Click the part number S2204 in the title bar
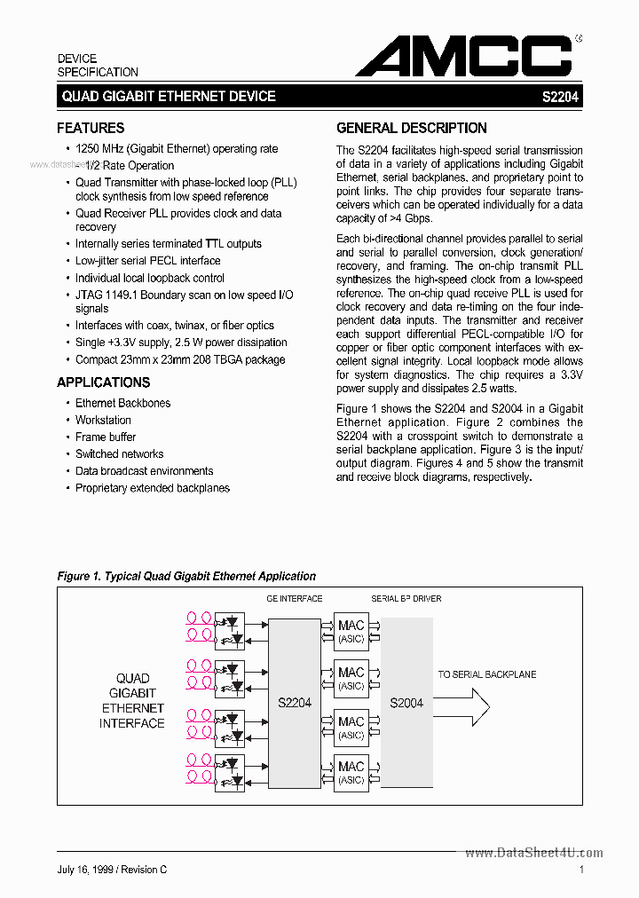tap(560, 97)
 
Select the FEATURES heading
tap(91, 128)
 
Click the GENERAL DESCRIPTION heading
tap(412, 128)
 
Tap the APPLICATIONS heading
tap(103, 382)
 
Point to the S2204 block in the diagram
tap(295, 702)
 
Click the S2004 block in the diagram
tap(406, 702)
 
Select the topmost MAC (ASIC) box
tap(351, 631)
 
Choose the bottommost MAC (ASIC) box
tap(351, 772)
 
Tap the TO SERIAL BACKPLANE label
tap(486, 674)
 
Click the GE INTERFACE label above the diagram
tap(295, 599)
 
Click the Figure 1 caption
tap(186, 576)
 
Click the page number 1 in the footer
tap(580, 870)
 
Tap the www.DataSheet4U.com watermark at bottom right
tap(533, 853)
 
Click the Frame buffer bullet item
tap(106, 437)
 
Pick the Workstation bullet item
tap(103, 420)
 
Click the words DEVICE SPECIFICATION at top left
tap(98, 65)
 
